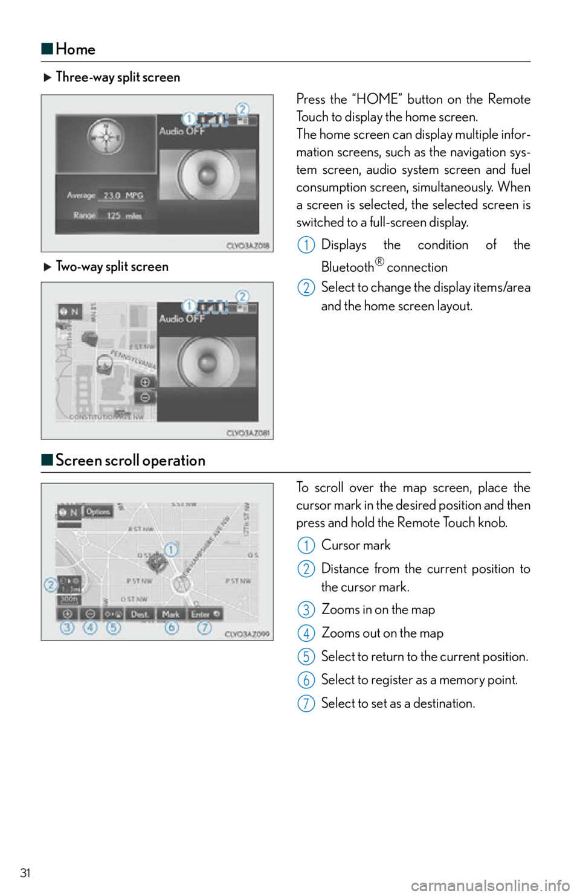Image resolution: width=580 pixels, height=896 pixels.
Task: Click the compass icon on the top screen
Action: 106,138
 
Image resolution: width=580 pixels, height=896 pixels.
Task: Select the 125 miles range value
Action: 123,216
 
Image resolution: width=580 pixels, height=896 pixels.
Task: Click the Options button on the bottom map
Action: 98,511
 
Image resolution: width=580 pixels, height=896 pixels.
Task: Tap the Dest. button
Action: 140,614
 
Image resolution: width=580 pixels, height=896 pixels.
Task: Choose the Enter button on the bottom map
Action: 205,614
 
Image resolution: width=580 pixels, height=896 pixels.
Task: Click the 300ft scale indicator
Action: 69,600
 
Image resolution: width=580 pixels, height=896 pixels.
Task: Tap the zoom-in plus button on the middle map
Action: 145,382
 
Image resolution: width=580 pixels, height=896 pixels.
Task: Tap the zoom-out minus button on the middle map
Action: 145,397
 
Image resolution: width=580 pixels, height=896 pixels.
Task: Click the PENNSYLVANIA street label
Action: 134,359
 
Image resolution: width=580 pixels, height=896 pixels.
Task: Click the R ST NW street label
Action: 140,529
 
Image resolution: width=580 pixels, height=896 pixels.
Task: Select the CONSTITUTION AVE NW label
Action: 106,417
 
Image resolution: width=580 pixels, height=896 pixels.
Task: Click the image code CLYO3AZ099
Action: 247,635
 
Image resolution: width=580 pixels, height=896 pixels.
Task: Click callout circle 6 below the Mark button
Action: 172,628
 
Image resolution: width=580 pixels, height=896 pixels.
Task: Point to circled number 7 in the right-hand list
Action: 306,703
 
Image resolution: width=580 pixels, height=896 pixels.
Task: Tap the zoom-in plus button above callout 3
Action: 67,614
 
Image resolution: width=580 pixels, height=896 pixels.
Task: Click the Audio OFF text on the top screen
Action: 182,131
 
